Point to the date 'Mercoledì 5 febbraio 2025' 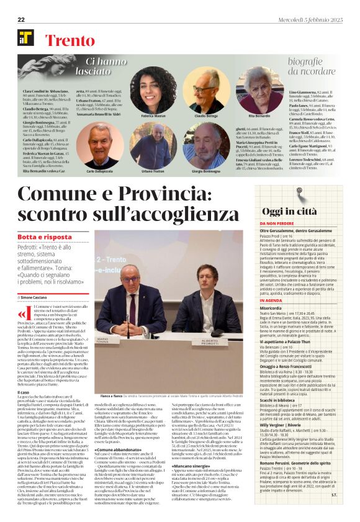[313, 20]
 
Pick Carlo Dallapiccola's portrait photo [100, 146]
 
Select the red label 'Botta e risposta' [45, 238]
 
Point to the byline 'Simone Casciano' [38, 299]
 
